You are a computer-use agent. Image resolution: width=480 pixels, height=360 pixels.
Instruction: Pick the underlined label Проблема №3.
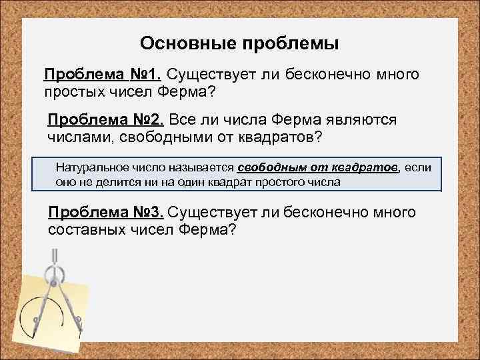(105, 213)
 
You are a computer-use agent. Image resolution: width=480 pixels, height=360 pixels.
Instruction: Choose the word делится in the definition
(121, 181)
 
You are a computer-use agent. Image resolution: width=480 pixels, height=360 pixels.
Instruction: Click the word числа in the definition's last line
(324, 181)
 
